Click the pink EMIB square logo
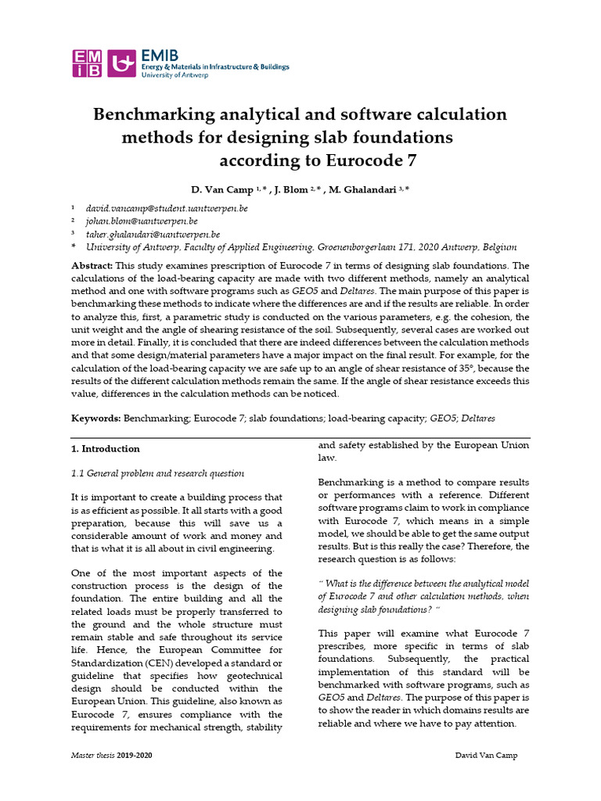click(87, 63)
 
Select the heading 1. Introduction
click(106, 449)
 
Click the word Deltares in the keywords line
click(473, 418)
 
